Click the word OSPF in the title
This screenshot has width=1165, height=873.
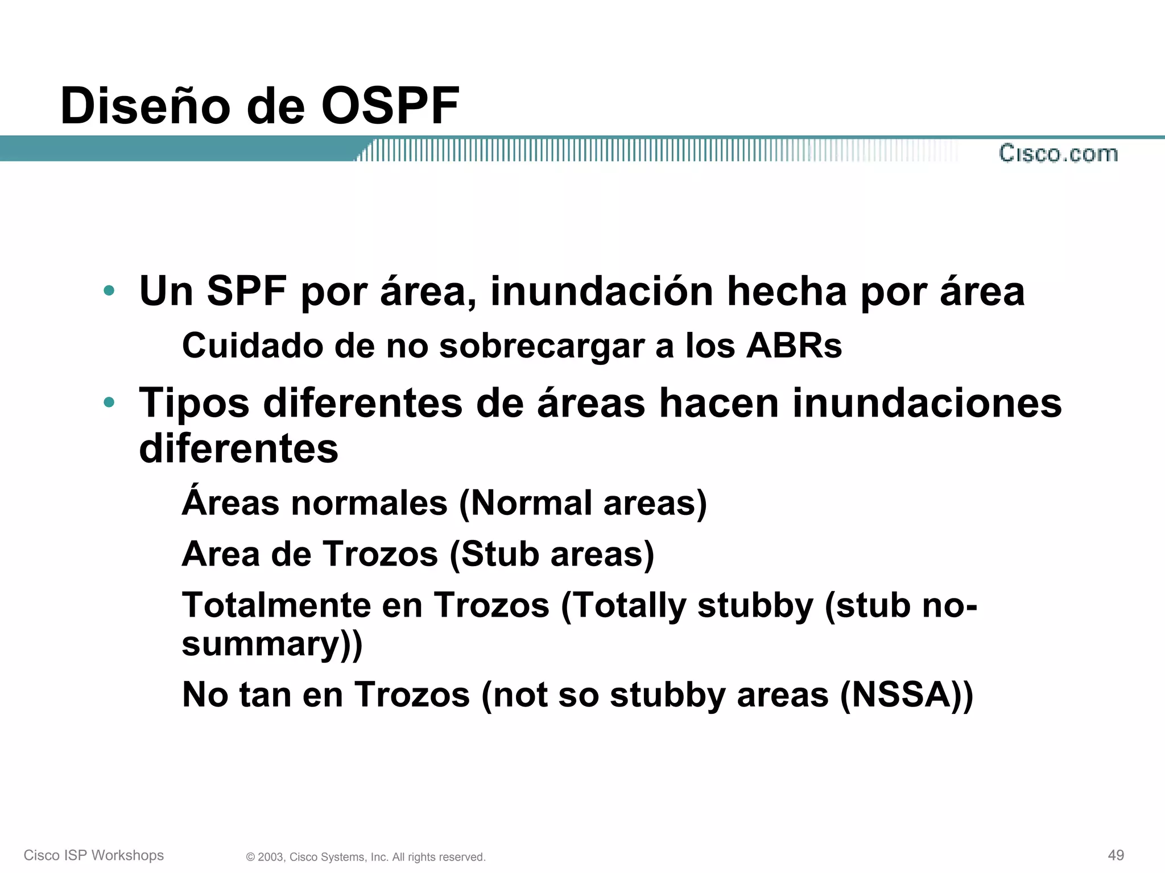click(x=390, y=106)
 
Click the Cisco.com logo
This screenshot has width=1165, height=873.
click(x=1058, y=153)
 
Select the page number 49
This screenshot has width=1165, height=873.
click(x=1116, y=855)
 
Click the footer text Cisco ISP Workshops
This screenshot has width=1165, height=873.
click(x=94, y=855)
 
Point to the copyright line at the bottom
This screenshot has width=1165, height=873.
click(x=366, y=857)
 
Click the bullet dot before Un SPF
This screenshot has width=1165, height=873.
click(x=109, y=292)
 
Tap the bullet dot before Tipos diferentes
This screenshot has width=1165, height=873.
click(x=109, y=403)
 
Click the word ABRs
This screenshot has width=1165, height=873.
click(x=794, y=346)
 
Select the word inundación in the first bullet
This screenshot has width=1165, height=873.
click(x=602, y=292)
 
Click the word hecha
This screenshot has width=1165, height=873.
click(x=787, y=292)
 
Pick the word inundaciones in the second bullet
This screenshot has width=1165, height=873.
click(x=927, y=403)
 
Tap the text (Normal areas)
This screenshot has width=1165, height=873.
click(x=583, y=504)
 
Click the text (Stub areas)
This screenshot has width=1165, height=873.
click(x=552, y=554)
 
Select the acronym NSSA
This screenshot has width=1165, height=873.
click(x=900, y=695)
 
